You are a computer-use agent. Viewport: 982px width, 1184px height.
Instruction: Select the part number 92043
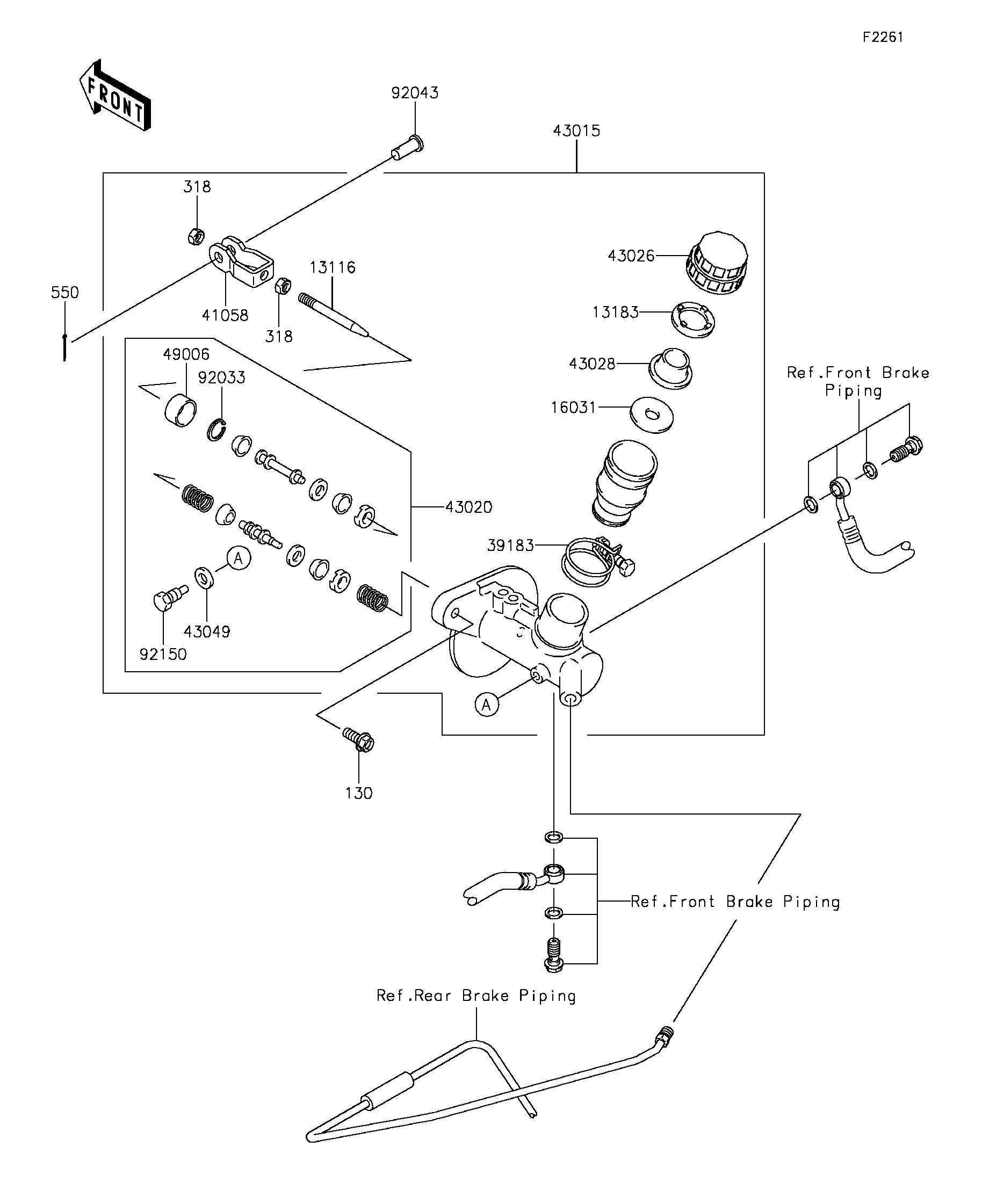click(x=415, y=92)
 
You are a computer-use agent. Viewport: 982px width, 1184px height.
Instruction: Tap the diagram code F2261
click(x=883, y=37)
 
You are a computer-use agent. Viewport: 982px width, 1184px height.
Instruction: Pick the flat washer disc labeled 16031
click(x=652, y=416)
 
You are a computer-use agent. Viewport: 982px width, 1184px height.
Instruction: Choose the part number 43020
click(x=469, y=507)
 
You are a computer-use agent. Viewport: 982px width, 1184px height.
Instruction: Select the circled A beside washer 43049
click(x=239, y=558)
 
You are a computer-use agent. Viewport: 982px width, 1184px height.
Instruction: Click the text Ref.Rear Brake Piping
click(x=476, y=996)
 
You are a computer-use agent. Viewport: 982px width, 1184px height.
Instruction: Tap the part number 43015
click(x=576, y=131)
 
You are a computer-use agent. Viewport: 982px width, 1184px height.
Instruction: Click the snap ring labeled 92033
click(x=216, y=430)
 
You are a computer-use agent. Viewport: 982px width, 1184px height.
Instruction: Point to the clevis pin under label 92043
click(x=407, y=148)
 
